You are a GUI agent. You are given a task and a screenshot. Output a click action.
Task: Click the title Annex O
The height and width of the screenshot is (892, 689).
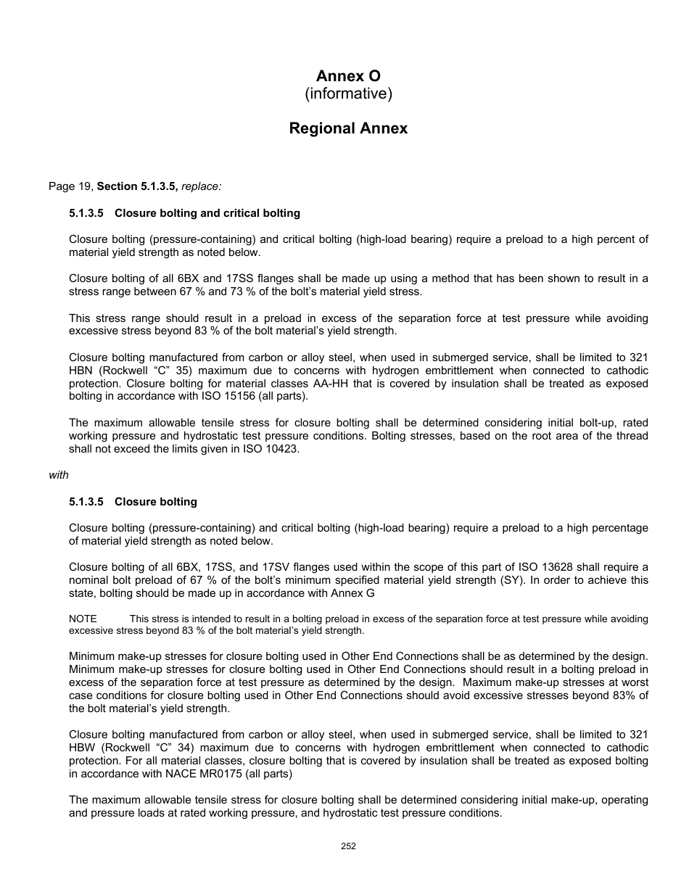(x=348, y=76)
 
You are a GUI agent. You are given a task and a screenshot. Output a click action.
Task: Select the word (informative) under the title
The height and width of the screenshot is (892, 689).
(x=348, y=94)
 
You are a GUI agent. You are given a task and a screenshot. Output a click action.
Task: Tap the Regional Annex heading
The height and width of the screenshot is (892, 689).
(x=348, y=128)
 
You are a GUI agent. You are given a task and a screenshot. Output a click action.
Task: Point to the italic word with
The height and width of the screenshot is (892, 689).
(x=59, y=475)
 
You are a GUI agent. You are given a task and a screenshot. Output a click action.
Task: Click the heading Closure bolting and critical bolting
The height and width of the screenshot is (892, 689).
(x=207, y=213)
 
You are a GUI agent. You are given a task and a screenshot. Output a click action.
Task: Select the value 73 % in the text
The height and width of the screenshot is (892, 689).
(x=298, y=292)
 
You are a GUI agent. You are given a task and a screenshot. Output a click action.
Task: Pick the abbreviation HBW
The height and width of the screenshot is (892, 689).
(x=82, y=748)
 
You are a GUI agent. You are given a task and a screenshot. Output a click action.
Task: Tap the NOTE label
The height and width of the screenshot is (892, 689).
(x=83, y=619)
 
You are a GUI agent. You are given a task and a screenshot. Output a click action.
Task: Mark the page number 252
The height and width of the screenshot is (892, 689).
(x=348, y=846)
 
